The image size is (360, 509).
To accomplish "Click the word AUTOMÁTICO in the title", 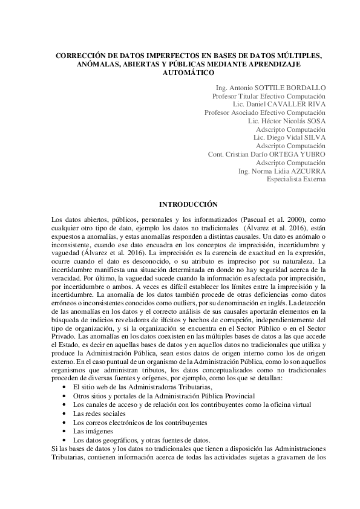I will click(x=189, y=73).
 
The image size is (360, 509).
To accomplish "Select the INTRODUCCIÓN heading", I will click(x=188, y=205).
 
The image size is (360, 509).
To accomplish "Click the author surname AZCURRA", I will click(x=306, y=171).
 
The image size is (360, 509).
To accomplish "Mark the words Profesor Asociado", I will click(x=231, y=112).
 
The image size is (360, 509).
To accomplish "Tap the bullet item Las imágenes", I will click(x=89, y=431).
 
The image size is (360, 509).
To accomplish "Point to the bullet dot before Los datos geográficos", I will click(x=65, y=439).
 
